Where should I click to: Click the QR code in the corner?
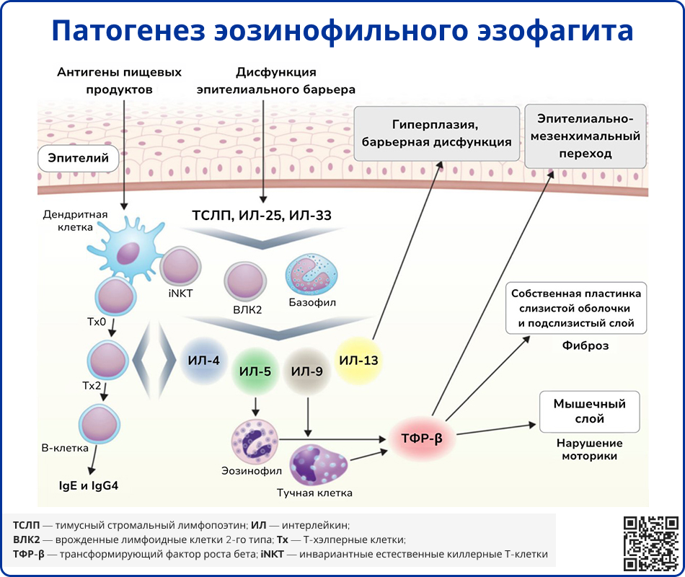651,543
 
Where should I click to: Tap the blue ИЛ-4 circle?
203,360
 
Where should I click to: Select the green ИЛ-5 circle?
255,372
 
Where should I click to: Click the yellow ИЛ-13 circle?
359,360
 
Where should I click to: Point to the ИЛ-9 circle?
307,372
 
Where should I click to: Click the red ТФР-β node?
421,439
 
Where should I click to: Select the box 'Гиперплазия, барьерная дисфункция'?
437,133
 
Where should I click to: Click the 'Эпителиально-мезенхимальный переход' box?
585,136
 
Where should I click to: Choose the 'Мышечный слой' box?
589,412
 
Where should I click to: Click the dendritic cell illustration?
127,250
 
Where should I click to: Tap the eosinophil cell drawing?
254,441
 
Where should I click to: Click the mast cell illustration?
317,465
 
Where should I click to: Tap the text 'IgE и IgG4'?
89,485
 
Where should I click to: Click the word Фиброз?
585,345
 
